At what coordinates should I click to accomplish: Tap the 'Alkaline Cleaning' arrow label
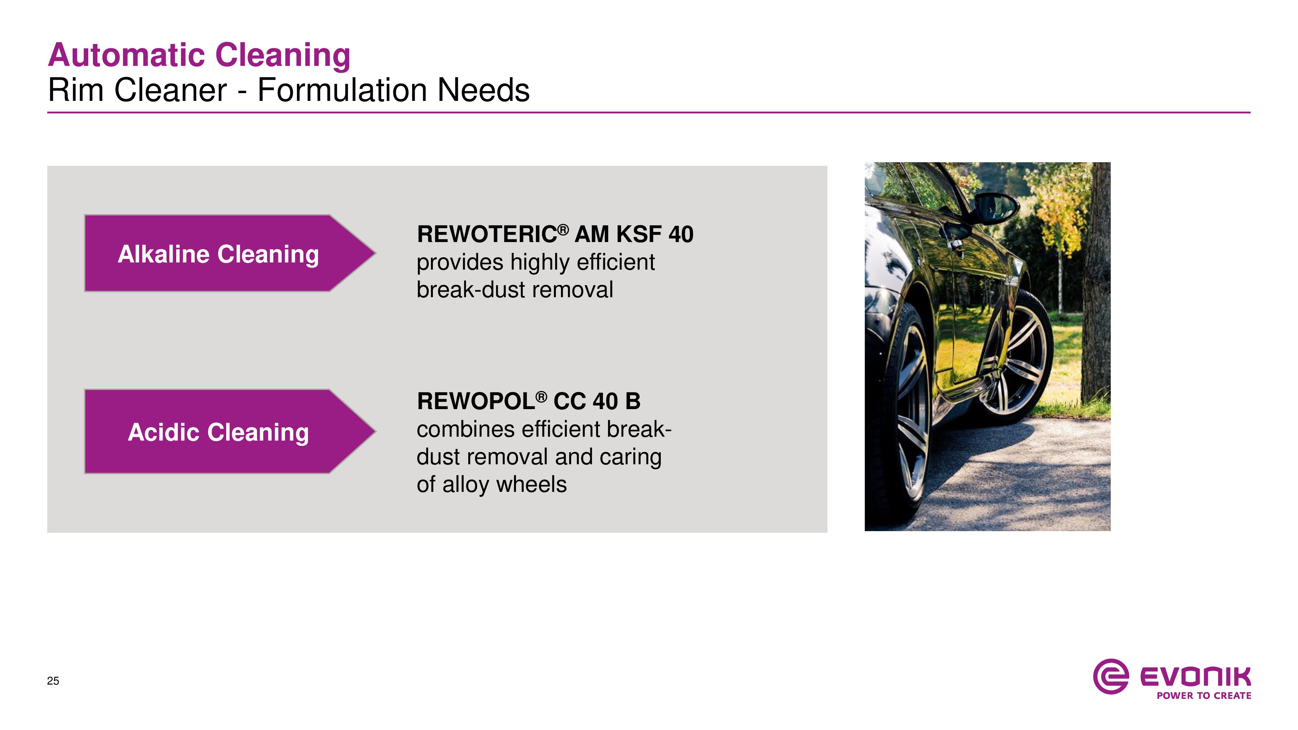[x=218, y=254]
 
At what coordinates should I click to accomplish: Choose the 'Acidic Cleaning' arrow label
[x=218, y=432]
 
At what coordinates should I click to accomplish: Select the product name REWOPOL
[x=476, y=402]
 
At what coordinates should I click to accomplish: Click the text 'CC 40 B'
[x=597, y=402]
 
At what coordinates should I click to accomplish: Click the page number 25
[x=53, y=681]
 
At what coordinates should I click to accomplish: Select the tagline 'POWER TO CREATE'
[x=1204, y=696]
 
